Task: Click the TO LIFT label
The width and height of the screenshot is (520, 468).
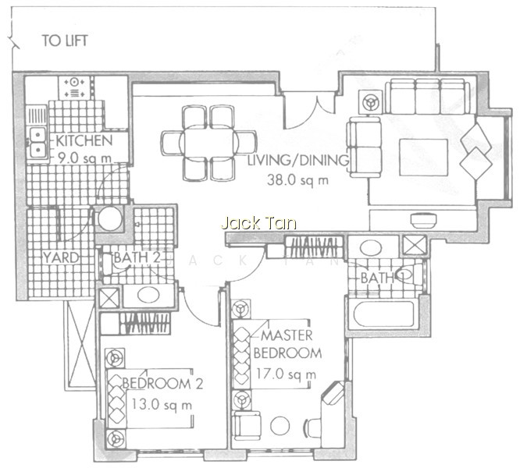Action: click(x=65, y=41)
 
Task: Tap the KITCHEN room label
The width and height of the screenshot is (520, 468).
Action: click(x=84, y=140)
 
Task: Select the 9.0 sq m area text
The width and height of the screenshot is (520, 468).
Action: click(x=84, y=158)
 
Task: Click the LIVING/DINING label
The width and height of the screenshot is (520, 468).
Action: click(x=298, y=161)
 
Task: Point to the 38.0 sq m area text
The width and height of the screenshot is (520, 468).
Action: click(x=297, y=180)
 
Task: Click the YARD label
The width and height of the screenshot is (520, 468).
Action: click(x=61, y=257)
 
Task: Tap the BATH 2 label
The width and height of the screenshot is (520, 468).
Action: click(x=137, y=257)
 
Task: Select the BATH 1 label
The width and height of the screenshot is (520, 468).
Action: click(x=382, y=278)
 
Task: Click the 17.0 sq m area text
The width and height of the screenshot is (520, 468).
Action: click(x=286, y=374)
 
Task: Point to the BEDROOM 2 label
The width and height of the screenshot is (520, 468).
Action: click(x=162, y=384)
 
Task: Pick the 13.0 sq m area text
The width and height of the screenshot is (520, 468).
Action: click(x=162, y=404)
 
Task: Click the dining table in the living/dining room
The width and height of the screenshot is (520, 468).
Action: click(x=208, y=143)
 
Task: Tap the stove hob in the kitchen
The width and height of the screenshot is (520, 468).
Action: click(x=74, y=87)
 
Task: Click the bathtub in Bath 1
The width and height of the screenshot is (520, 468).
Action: click(x=383, y=314)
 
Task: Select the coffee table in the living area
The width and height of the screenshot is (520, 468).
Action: click(x=423, y=158)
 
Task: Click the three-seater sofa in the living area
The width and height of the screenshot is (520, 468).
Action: click(x=427, y=97)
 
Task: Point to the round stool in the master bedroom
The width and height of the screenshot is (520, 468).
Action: click(x=280, y=426)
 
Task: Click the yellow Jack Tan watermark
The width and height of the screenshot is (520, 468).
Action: click(x=258, y=223)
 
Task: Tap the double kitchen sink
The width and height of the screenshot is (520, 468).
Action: click(x=37, y=144)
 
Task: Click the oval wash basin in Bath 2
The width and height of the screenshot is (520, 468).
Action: click(x=148, y=295)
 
